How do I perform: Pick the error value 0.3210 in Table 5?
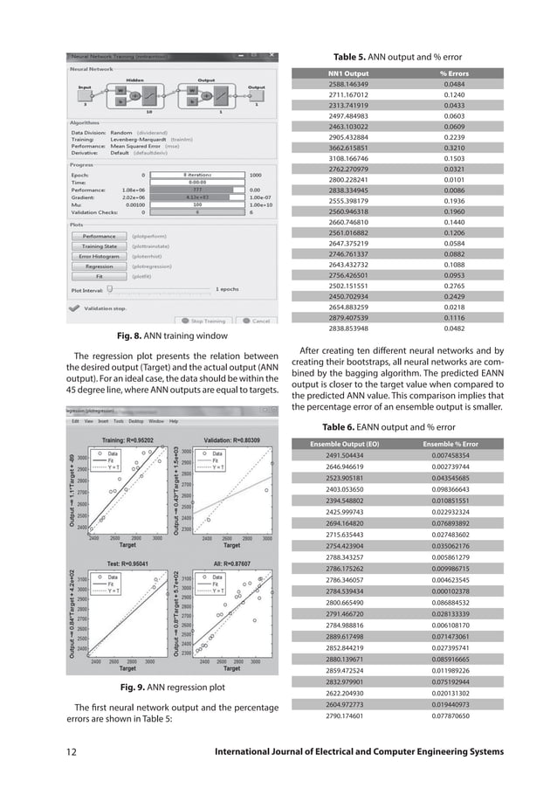pos(454,148)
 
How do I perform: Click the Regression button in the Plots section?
pos(99,266)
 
